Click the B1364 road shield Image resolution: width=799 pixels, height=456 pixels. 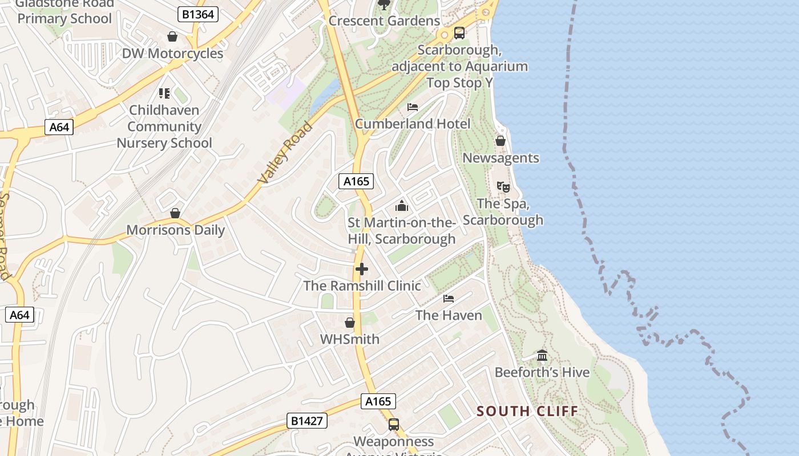(x=198, y=14)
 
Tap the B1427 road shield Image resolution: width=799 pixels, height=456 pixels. (x=306, y=421)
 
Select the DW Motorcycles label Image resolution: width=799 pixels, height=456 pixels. (x=172, y=54)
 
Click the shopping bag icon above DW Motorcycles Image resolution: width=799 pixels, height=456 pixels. (x=172, y=37)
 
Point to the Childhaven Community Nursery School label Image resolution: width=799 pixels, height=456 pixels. (x=164, y=127)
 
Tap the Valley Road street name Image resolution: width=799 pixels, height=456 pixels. (x=285, y=153)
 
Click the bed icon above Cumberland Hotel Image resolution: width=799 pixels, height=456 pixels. (x=413, y=107)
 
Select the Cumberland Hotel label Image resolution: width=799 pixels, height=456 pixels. (x=413, y=124)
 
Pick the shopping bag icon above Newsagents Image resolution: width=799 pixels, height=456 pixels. (x=501, y=141)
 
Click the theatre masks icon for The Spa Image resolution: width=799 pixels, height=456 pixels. (x=503, y=186)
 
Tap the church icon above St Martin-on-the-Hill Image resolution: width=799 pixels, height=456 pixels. (x=402, y=206)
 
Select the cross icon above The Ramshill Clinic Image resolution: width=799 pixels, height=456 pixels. (x=362, y=269)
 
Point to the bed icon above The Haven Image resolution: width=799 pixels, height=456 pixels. (x=449, y=298)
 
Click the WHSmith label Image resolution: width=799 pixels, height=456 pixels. (x=349, y=339)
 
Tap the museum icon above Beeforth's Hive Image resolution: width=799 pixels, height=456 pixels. (x=542, y=356)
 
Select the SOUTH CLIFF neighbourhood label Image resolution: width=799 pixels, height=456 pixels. (x=527, y=411)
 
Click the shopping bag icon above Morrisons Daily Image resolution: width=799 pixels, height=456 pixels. (x=175, y=213)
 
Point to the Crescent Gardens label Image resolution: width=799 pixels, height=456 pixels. (x=384, y=21)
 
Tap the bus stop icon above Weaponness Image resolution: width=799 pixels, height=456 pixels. (x=393, y=425)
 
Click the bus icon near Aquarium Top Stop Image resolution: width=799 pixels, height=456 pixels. (x=459, y=33)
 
